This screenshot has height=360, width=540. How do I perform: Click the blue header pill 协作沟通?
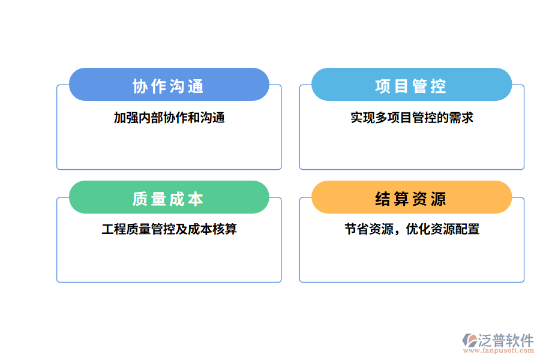tap(169, 85)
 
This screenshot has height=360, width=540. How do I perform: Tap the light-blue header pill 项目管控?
tap(411, 85)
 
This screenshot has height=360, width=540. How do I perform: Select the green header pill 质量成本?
tap(169, 197)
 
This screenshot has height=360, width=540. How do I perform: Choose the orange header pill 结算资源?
tap(411, 197)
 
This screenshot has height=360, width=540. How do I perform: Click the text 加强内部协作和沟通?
tap(169, 118)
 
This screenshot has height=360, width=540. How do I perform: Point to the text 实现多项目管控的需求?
tap(412, 118)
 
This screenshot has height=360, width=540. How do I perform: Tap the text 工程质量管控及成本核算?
tap(169, 229)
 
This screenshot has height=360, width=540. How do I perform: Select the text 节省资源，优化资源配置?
tap(412, 229)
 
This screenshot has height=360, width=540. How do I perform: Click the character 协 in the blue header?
tap(140, 86)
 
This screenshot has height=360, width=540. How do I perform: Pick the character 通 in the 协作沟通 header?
tap(196, 86)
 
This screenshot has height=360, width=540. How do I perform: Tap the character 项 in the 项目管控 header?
tap(383, 86)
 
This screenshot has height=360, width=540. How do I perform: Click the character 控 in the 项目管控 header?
tap(439, 86)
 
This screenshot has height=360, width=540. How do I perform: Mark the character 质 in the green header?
tap(140, 199)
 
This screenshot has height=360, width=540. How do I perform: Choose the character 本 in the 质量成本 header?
tap(196, 199)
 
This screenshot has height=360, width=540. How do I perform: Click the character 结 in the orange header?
tap(383, 199)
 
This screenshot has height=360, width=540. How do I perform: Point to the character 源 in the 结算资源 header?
tap(439, 199)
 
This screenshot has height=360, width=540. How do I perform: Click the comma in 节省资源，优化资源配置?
tap(399, 232)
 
